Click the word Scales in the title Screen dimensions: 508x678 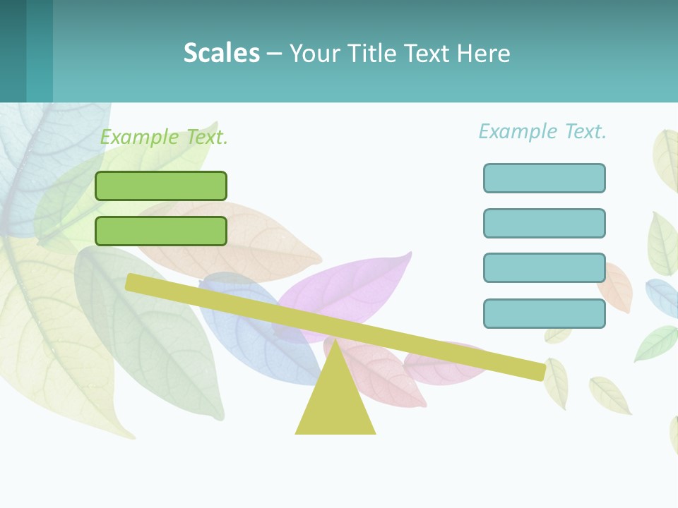[221, 53]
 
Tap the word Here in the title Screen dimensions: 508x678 [484, 53]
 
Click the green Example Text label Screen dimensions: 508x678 [164, 137]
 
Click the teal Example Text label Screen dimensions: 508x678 [542, 131]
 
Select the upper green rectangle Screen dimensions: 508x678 [161, 186]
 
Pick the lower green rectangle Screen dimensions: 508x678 [161, 231]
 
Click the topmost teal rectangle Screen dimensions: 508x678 [544, 178]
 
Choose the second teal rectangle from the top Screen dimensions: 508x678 [544, 223]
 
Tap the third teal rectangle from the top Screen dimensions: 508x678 [544, 268]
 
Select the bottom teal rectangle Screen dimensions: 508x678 [544, 313]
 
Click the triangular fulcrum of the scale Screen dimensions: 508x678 [335, 402]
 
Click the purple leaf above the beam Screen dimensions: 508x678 [353, 286]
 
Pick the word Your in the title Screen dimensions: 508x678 [314, 54]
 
